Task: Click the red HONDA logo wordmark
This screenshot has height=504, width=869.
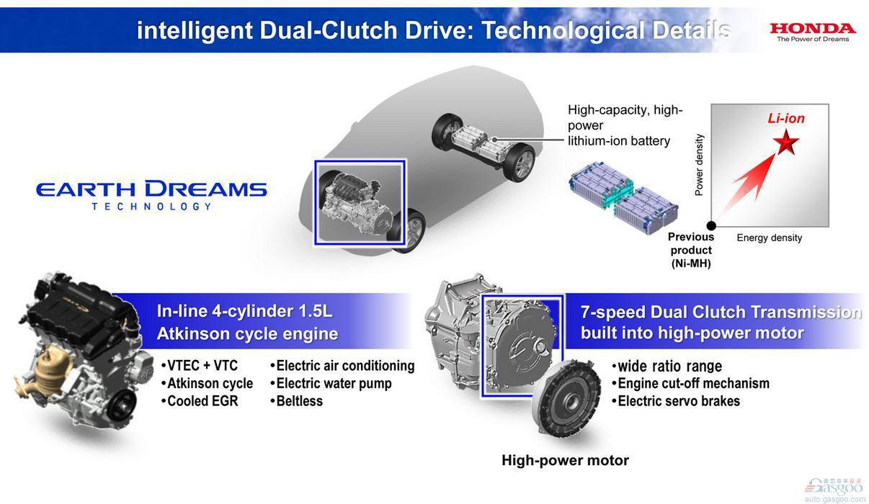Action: (813, 28)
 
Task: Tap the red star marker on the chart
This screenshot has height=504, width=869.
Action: (786, 143)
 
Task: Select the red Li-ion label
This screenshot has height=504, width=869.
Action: (786, 118)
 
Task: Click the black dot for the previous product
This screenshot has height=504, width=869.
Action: (711, 225)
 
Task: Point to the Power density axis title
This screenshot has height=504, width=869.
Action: (699, 165)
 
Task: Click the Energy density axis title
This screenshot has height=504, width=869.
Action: (770, 238)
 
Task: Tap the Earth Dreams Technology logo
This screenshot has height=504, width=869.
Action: (151, 195)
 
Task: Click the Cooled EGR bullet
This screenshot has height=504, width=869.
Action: (200, 401)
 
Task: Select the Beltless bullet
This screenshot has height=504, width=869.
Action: (296, 401)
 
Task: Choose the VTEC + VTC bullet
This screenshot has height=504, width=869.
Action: (200, 366)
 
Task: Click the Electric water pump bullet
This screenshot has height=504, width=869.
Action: (331, 384)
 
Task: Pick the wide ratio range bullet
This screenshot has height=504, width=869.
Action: (667, 366)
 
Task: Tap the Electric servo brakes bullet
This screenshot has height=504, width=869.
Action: (676, 401)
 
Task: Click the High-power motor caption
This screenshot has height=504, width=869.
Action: (565, 460)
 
